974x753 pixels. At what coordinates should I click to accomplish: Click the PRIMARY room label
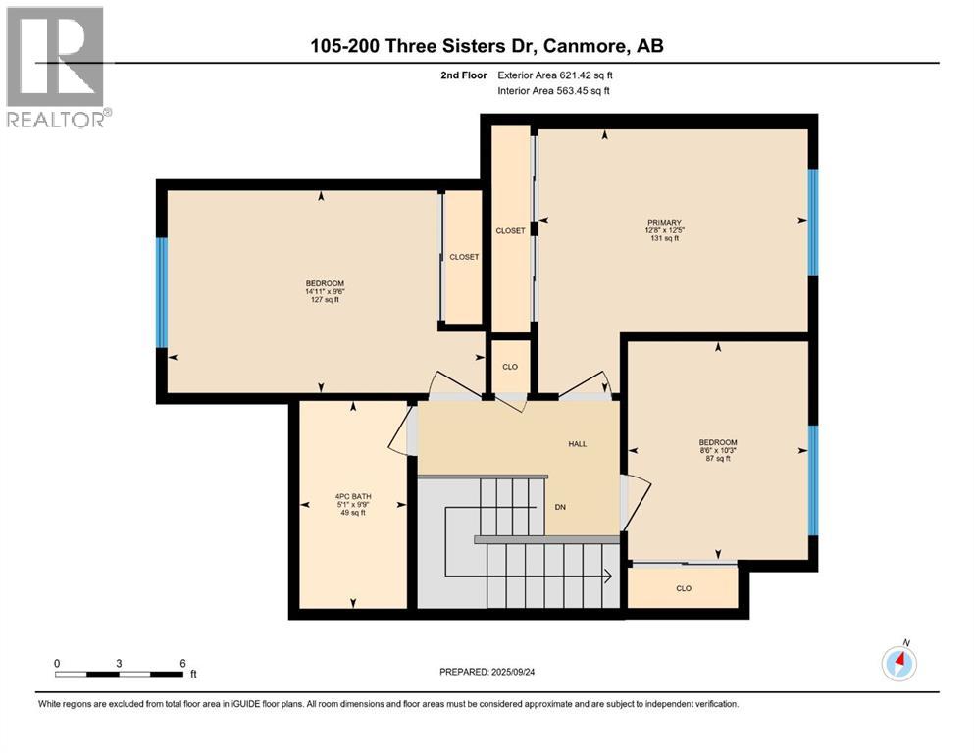click(664, 223)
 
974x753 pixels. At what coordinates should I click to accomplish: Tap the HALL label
click(577, 444)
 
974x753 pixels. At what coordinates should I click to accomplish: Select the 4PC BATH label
click(353, 497)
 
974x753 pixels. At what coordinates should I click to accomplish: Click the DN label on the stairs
click(560, 507)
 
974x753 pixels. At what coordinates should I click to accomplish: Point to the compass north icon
click(899, 663)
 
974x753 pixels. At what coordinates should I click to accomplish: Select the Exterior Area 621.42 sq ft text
click(555, 75)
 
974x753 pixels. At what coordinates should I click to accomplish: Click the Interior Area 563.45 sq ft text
click(553, 90)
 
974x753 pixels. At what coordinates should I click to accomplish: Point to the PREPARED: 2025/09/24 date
click(487, 672)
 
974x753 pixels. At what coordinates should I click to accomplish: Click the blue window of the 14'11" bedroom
click(162, 292)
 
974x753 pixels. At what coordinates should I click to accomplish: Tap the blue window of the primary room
click(812, 222)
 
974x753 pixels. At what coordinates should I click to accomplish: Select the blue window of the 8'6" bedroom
click(812, 479)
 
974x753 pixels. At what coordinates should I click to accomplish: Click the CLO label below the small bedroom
click(684, 588)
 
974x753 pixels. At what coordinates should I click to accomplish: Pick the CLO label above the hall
click(510, 367)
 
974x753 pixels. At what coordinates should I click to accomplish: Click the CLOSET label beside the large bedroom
click(464, 257)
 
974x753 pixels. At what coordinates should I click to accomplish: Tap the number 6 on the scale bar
click(182, 663)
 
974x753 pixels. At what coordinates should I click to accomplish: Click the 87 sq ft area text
click(718, 459)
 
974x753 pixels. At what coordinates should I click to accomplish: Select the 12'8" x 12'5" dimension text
click(664, 230)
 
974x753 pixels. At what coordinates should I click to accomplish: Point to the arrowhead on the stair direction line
click(608, 577)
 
